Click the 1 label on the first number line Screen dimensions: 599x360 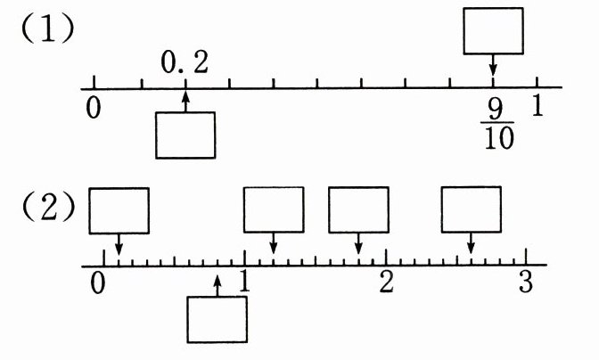(537, 105)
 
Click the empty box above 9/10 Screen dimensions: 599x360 (493, 30)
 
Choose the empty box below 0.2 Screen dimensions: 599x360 (185, 135)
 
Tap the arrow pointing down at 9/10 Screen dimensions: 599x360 (493, 68)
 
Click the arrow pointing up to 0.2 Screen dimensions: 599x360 (185, 100)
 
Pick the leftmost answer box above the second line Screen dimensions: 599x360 (119, 209)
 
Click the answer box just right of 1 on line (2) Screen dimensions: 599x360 (275, 209)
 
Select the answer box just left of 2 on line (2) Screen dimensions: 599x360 (358, 209)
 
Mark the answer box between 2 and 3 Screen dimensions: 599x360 (472, 209)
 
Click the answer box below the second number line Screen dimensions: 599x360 (216, 318)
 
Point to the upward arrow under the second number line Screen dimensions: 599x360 (217, 283)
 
